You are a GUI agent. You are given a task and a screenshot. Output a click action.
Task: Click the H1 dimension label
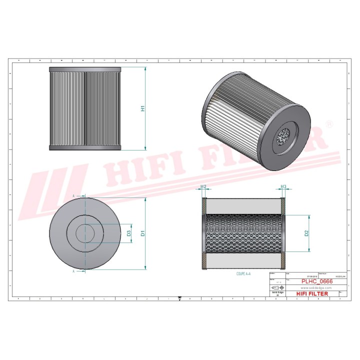pyautogui.click(x=142, y=108)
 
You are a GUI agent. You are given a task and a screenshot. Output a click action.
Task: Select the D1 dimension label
pyautogui.click(x=142, y=232)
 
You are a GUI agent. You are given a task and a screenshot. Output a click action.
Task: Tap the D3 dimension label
pyautogui.click(x=128, y=232)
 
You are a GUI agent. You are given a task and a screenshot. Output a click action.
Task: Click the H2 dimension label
pyautogui.click(x=203, y=187)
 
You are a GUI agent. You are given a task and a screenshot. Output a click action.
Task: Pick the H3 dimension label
pyautogui.click(x=283, y=187)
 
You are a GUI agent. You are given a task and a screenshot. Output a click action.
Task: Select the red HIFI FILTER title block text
pyautogui.click(x=312, y=294)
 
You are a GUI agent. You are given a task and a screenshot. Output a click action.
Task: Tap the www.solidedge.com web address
pyautogui.click(x=314, y=288)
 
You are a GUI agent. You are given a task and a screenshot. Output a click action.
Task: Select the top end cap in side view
pyautogui.click(x=85, y=69)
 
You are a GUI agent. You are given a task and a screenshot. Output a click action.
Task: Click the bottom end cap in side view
pyautogui.click(x=85, y=147)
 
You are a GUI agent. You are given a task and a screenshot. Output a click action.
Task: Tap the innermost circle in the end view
pyautogui.click(x=85, y=232)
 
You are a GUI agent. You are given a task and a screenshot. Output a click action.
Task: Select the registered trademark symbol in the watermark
pyautogui.click(x=329, y=123)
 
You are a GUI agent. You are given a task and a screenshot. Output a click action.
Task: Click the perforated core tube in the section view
pyautogui.click(x=244, y=232)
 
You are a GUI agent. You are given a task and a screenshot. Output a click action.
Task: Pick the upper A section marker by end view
pyautogui.click(x=73, y=195)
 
